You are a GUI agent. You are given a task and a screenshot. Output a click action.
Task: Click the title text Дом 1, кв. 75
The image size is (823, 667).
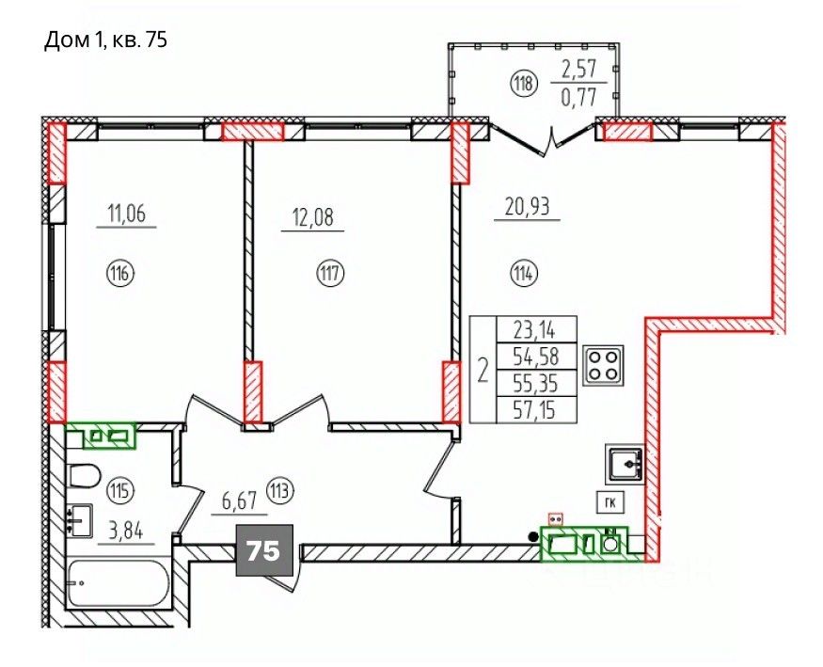pos(105,40)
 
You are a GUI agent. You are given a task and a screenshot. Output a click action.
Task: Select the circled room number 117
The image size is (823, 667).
pos(329,273)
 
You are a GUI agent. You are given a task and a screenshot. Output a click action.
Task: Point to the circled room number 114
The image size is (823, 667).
pos(524,273)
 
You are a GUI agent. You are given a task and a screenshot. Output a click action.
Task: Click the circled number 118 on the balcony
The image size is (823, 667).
pos(523,84)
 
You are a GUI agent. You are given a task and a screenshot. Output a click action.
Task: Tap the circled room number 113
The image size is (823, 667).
pos(279,491)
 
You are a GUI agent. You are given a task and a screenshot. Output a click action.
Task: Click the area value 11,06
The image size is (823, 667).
pos(126,214)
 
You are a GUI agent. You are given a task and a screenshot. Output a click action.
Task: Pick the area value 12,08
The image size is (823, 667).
pos(313,216)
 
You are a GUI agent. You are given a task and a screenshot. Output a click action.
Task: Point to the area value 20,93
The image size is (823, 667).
pos(528,207)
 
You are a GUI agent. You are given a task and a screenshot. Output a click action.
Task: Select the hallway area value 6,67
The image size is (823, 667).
pos(239,501)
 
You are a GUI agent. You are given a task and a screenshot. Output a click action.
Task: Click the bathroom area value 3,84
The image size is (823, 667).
pos(125,532)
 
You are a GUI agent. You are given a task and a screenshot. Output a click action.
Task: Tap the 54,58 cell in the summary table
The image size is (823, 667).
pos(536,357)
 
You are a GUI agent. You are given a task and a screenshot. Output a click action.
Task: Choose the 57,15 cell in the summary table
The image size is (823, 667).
pos(536,410)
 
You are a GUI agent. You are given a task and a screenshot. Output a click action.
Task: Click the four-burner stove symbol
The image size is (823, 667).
pos(603,365)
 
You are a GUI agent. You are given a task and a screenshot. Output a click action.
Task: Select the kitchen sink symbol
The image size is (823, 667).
pos(625,464)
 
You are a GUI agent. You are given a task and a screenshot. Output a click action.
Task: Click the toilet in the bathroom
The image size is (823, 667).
pos(85,476)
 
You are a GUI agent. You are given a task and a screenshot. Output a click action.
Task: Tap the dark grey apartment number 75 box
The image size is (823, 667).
pos(264,550)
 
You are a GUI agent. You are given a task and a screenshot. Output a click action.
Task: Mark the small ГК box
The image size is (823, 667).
pos(610,502)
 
